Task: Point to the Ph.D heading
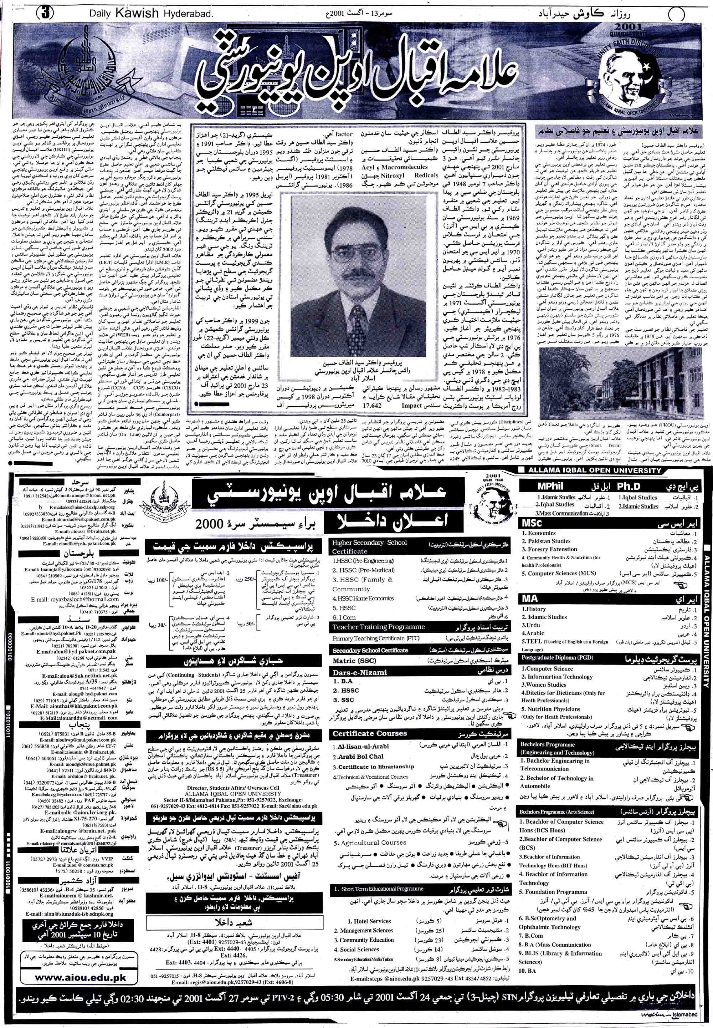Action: pos(629,486)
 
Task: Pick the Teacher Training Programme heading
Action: pos(378,627)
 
